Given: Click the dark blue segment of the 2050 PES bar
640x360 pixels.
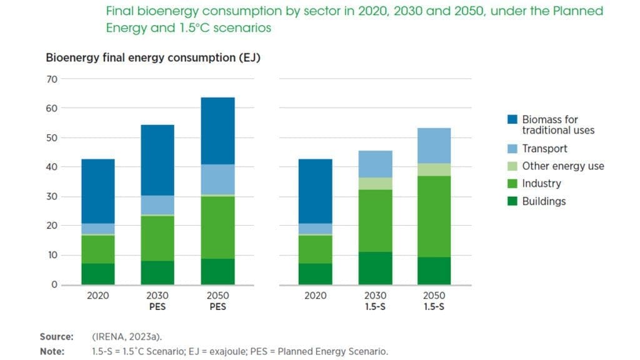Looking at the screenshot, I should click(x=217, y=131).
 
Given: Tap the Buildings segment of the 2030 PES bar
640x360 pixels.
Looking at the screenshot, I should click(x=157, y=272).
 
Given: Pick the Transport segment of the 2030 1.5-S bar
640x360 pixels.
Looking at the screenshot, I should click(x=375, y=164).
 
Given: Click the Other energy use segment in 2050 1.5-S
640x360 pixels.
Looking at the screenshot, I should click(x=434, y=169).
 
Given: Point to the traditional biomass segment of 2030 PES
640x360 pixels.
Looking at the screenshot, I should click(x=157, y=160).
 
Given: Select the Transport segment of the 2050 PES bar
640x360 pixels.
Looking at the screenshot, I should click(x=217, y=179).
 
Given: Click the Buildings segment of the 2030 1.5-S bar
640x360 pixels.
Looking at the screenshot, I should click(x=375, y=268).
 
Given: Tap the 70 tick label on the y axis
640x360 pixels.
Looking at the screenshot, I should click(x=51, y=79).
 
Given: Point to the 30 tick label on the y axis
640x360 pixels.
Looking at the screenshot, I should click(x=51, y=196).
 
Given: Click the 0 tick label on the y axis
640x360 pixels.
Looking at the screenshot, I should click(x=54, y=284).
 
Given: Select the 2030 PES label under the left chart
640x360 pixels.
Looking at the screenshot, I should click(x=157, y=301).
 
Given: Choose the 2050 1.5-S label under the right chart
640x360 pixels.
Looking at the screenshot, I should click(x=434, y=301).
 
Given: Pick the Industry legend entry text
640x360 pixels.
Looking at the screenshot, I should click(x=541, y=184).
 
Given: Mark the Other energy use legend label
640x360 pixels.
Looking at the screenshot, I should click(x=563, y=166).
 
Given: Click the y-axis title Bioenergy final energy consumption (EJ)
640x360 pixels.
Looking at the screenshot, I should click(x=153, y=58).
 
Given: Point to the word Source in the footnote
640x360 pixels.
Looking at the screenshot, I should click(x=56, y=337).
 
